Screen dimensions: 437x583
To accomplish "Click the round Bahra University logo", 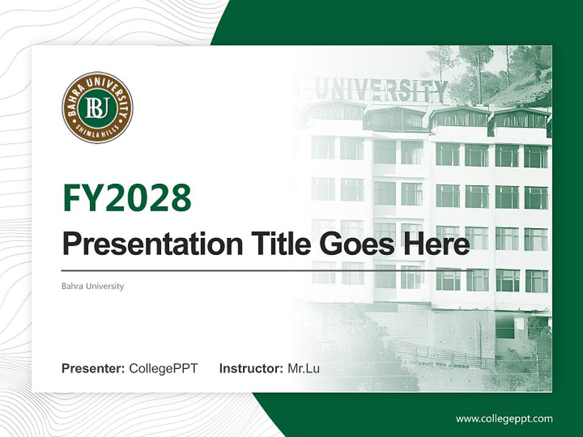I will coord(97,108).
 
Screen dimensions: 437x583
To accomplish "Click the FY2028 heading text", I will coord(127,198).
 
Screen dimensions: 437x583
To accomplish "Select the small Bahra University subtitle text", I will coord(92,286).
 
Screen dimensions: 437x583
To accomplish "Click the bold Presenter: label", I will coord(94,368).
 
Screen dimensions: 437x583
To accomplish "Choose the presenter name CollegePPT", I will coord(163,368).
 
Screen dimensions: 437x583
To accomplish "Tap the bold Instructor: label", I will coord(251,368).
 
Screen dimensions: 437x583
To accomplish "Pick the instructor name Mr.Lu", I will coord(304,368).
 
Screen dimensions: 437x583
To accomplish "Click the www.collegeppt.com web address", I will coord(504,419).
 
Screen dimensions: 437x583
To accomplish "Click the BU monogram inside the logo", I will coord(97,108).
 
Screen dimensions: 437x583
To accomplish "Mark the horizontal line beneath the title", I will coord(267,270).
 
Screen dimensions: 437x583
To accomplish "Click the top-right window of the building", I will coord(536,156).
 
